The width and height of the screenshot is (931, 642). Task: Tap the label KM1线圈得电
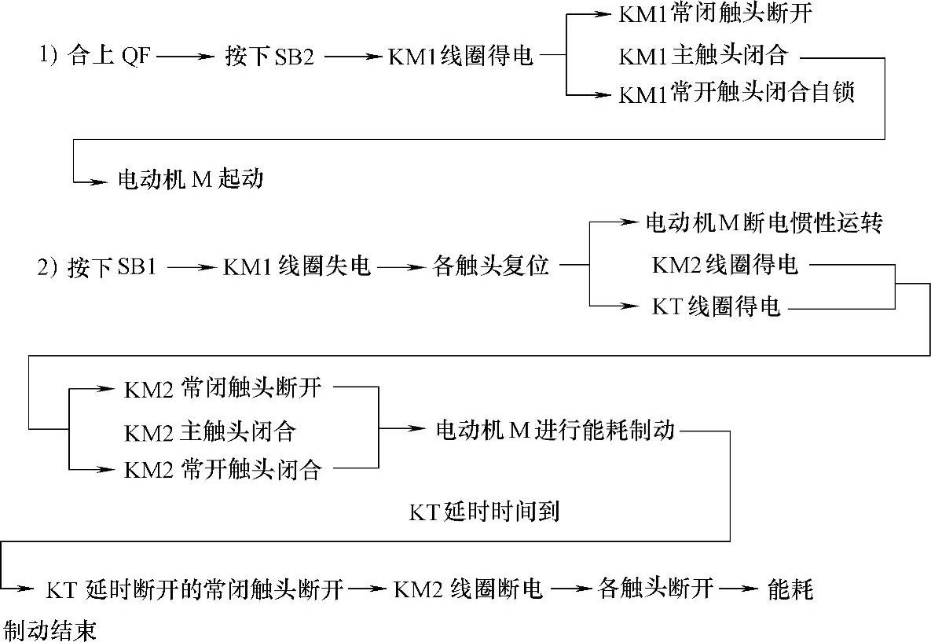pos(460,57)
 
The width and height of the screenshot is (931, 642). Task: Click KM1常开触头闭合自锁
pos(736,94)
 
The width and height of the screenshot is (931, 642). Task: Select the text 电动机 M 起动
pos(190,180)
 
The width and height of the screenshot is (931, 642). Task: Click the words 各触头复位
pos(490,267)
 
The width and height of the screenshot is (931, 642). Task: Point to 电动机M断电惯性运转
pos(764,224)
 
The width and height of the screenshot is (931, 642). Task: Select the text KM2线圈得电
pos(724,266)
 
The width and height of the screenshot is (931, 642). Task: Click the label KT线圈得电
pos(716,307)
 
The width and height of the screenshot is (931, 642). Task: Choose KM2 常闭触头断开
pos(222,387)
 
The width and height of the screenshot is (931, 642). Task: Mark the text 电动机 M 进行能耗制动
pos(555,431)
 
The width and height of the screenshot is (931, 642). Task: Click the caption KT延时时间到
pos(484,512)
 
